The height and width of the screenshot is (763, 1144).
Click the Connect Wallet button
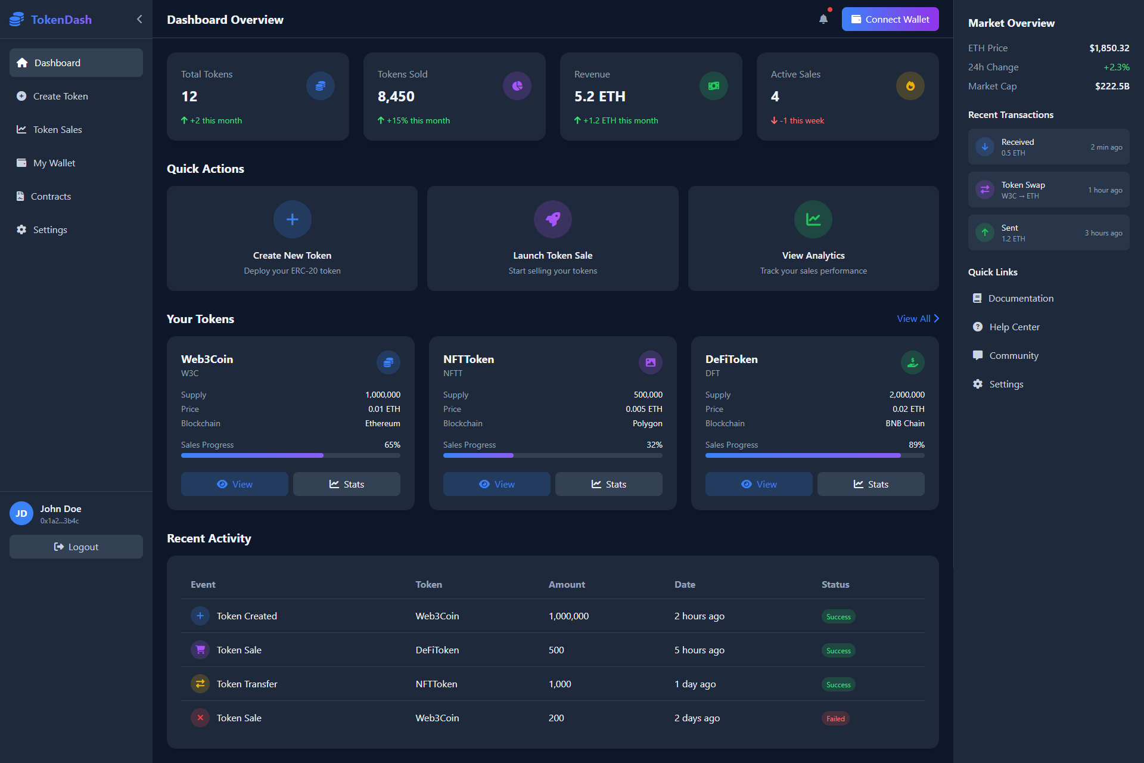890,19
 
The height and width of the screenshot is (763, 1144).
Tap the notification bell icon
823,19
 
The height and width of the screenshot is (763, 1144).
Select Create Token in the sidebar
60,96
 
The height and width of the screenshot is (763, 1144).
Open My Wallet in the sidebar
54,163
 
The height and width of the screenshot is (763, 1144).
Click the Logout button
76,547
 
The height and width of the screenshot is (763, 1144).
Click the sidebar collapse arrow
139,19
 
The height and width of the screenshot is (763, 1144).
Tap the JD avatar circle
21,513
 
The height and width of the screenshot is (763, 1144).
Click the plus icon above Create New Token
292,219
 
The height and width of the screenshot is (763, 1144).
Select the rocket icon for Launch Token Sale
552,219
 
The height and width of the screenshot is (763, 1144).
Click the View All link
918,318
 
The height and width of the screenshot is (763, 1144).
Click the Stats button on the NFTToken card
608,484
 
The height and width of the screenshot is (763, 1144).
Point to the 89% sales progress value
916,445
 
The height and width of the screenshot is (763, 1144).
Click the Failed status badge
835,718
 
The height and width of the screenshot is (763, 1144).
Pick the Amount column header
567,584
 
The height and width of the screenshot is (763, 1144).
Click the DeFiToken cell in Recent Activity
437,650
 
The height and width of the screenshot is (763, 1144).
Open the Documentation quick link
1020,298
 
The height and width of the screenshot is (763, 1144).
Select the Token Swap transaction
1048,190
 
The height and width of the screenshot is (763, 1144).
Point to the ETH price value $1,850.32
1109,48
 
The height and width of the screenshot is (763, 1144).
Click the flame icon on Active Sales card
910,86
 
